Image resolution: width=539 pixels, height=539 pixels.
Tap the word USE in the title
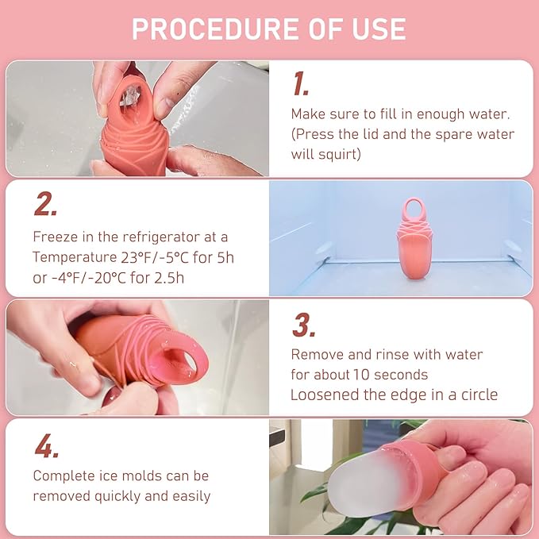point(374,29)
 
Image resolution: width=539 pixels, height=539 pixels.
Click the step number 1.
point(300,83)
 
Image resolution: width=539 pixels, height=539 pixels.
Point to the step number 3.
point(303,325)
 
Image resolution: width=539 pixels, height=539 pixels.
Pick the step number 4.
point(46,445)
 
